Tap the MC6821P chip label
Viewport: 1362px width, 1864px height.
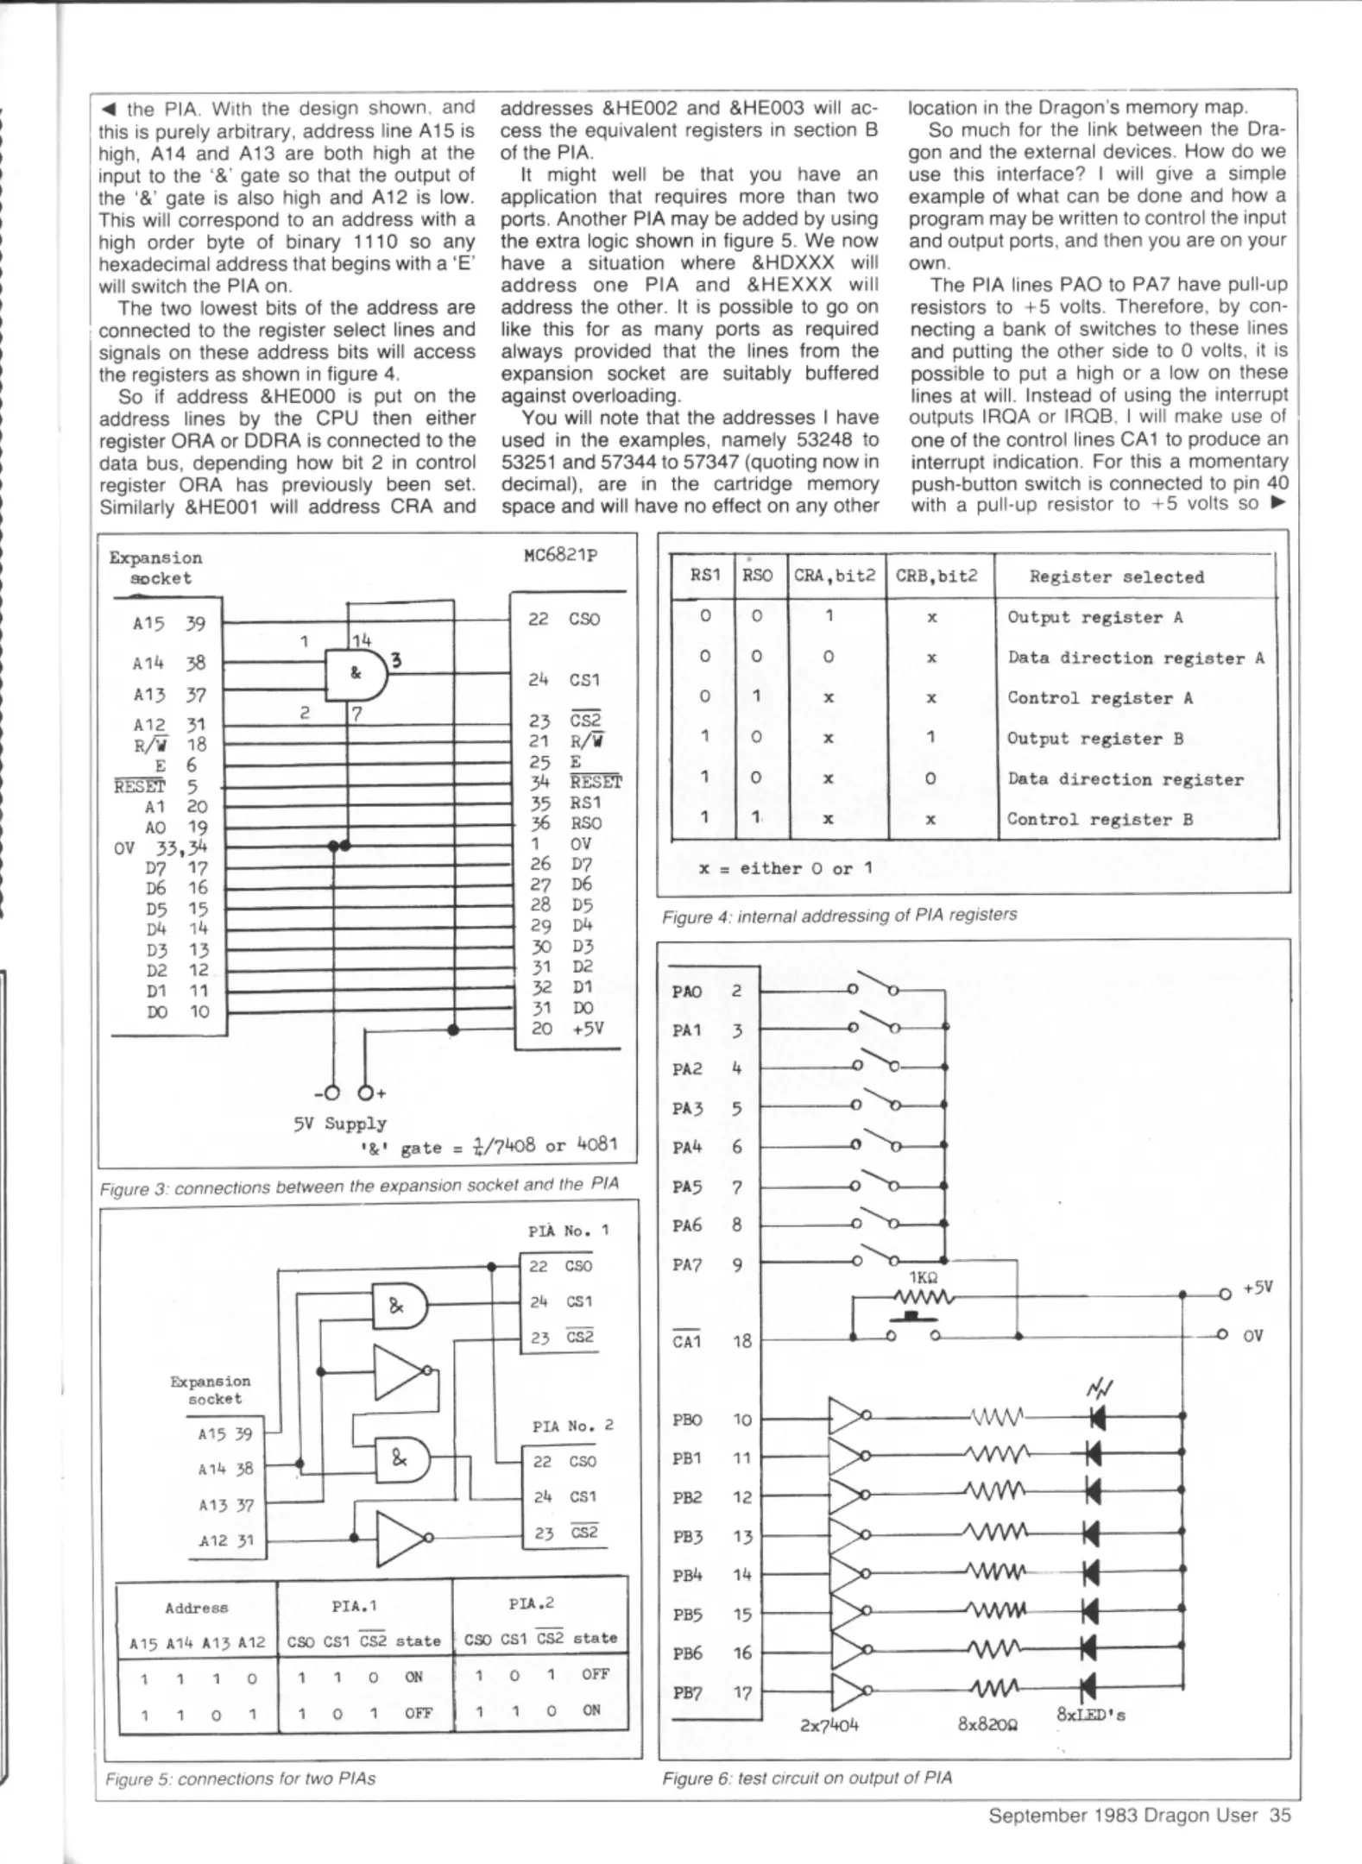coord(560,555)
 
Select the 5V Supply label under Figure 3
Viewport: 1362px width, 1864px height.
coord(339,1124)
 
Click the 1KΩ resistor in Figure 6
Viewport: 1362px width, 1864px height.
coord(923,1297)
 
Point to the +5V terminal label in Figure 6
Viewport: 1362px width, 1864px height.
coord(1258,1288)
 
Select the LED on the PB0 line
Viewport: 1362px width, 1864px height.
coord(1097,1416)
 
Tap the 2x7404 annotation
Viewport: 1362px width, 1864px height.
coord(829,1725)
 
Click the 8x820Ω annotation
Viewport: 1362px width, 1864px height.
coord(987,1724)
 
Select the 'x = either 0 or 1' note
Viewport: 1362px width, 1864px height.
coord(785,868)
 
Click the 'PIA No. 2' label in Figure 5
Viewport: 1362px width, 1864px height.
coord(572,1426)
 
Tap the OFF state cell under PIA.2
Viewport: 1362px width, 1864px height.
coord(596,1674)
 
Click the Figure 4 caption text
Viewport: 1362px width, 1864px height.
coord(839,915)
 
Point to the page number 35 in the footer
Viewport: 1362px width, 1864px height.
coord(1280,1815)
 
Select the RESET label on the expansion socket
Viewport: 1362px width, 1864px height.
coord(139,786)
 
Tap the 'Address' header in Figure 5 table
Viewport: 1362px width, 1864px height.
coord(196,1608)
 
